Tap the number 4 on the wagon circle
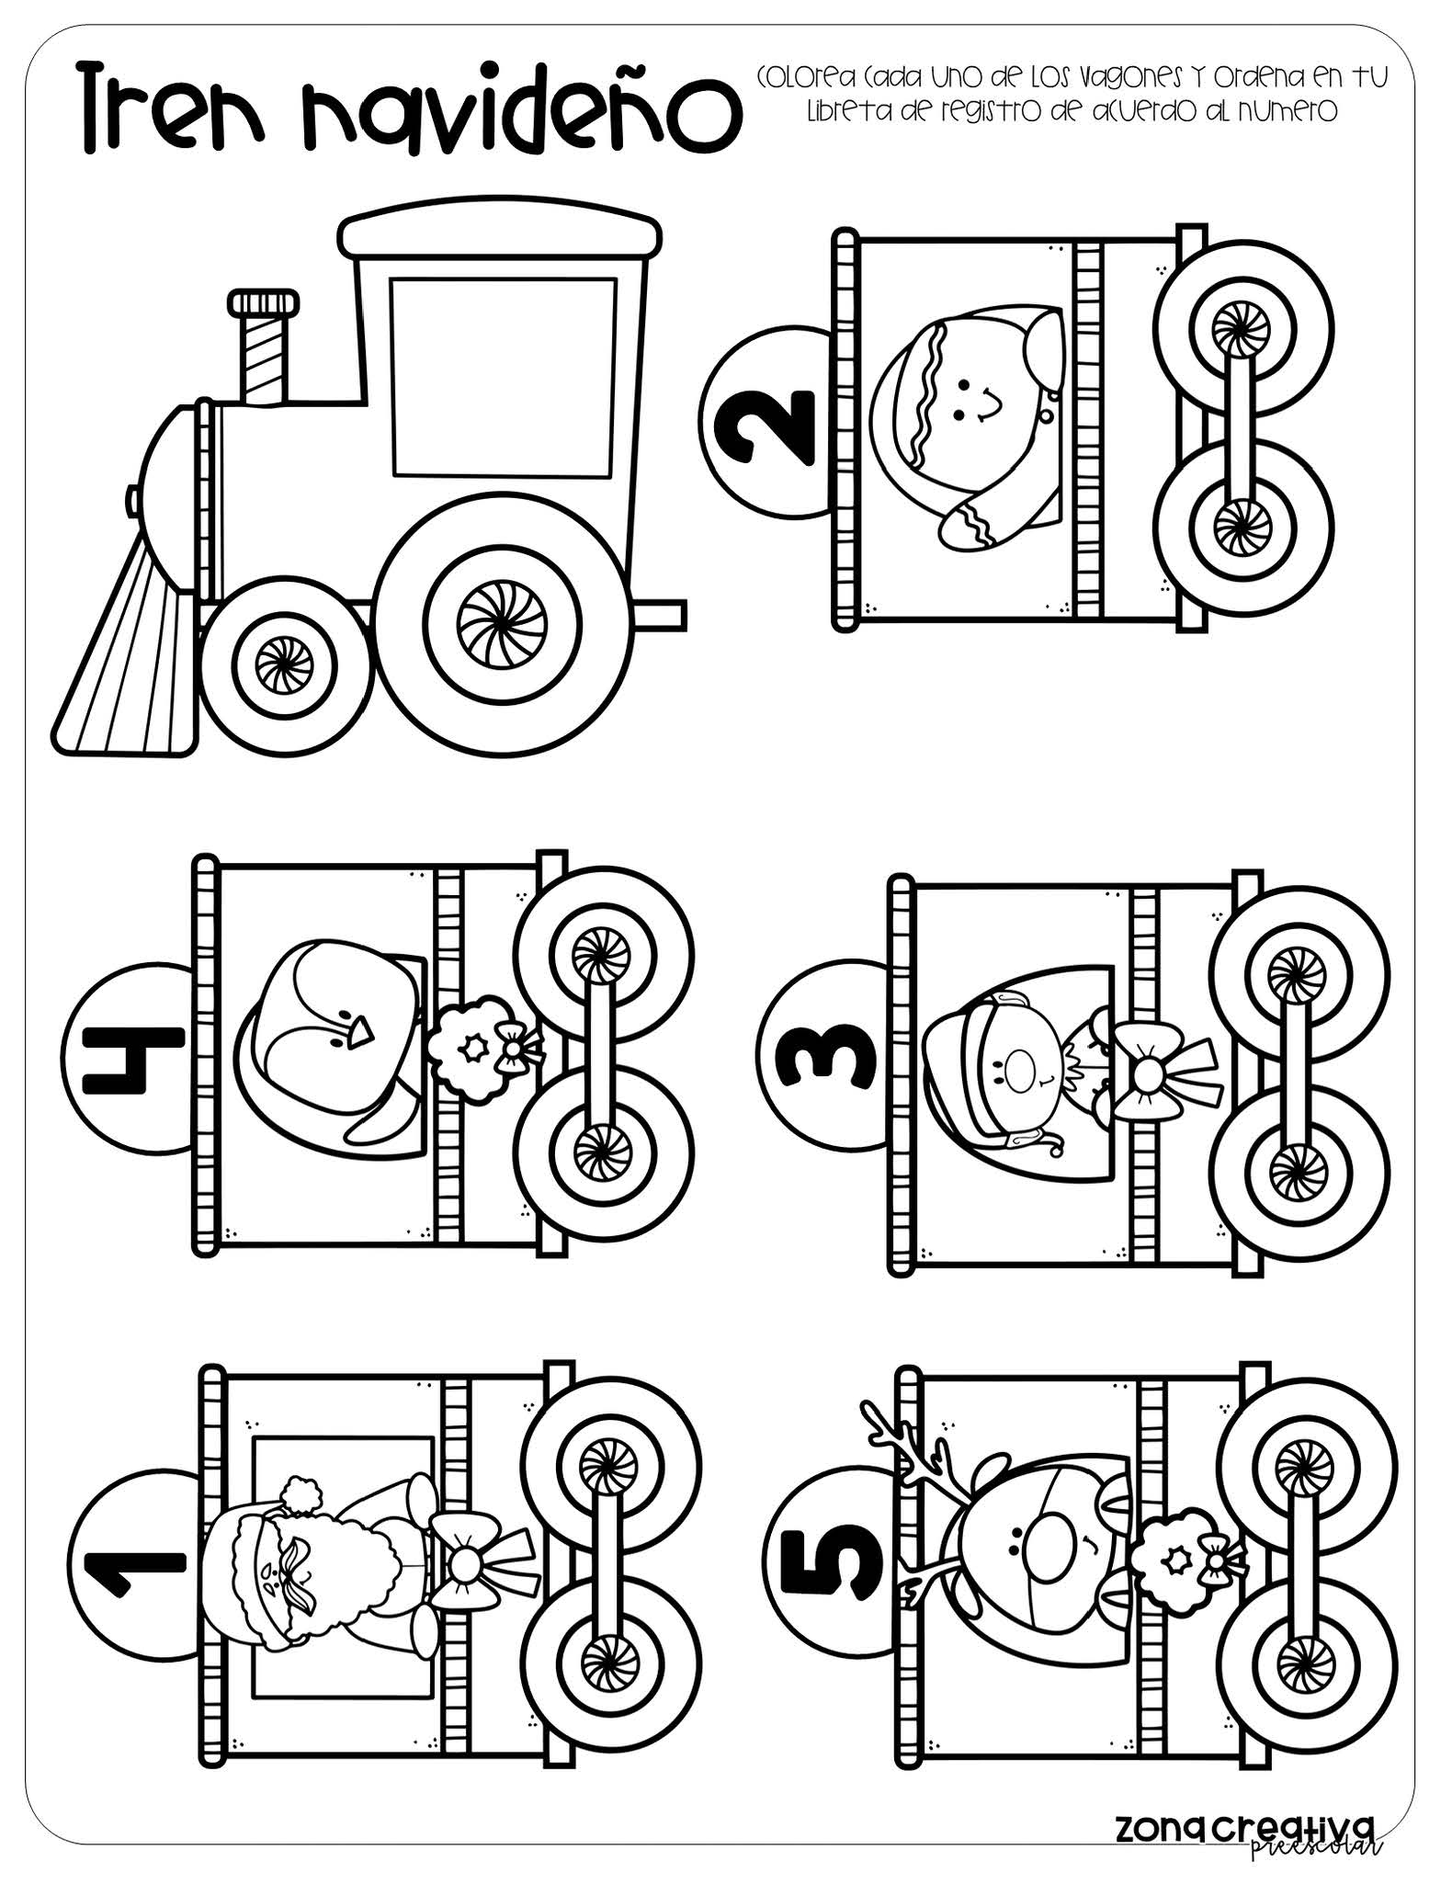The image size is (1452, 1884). pyautogui.click(x=122, y=1059)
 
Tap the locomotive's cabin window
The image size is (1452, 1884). pyautogui.click(x=503, y=377)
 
